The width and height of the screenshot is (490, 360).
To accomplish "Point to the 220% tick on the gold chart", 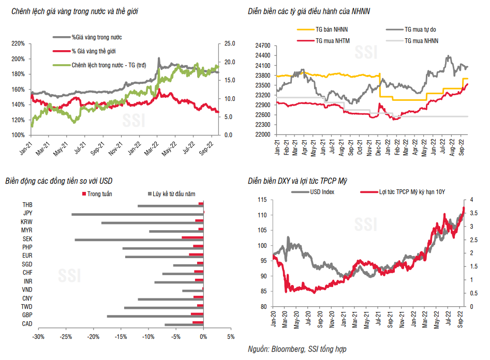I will click(x=18, y=43).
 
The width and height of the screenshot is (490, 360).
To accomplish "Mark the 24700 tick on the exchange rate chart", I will click(x=263, y=46).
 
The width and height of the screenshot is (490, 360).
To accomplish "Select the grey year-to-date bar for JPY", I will click(x=138, y=214).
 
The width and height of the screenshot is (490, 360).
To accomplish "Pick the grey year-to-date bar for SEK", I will click(x=139, y=239).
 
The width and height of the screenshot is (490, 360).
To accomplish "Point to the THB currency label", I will click(x=27, y=205).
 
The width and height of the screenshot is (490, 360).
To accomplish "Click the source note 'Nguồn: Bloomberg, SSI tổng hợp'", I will click(x=298, y=350).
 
